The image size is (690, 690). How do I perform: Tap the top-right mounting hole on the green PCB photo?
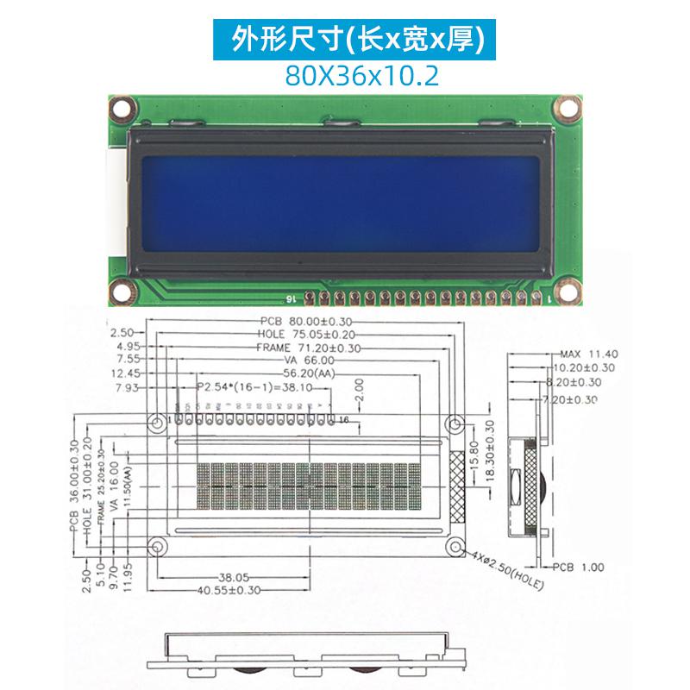pyautogui.click(x=567, y=110)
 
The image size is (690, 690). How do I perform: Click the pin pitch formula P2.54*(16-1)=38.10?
pyautogui.click(x=255, y=388)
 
